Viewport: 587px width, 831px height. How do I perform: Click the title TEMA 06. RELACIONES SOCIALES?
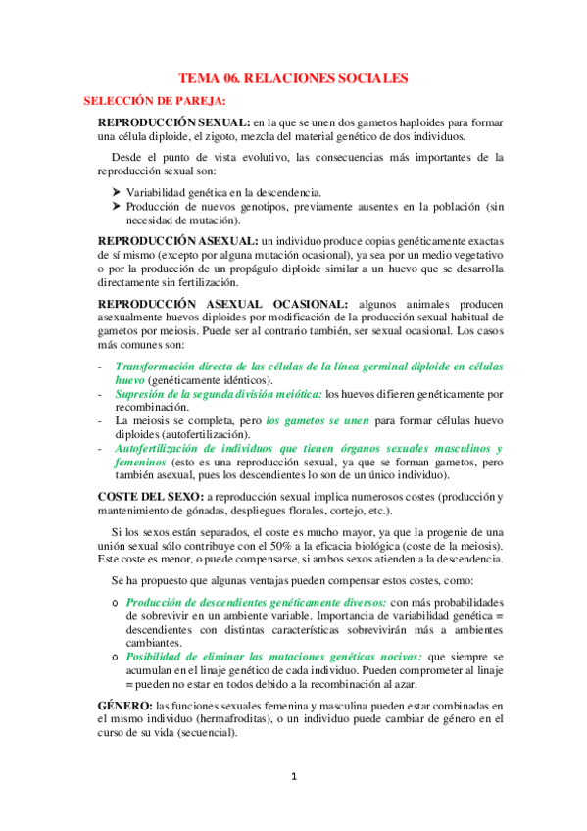(292, 78)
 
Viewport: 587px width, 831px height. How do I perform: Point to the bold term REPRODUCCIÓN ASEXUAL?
(186, 240)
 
